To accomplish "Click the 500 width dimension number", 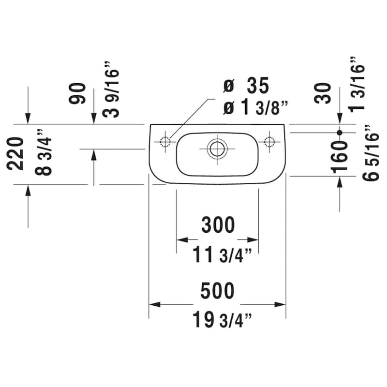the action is pyautogui.click(x=218, y=291).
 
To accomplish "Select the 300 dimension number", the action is pyautogui.click(x=218, y=225).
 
